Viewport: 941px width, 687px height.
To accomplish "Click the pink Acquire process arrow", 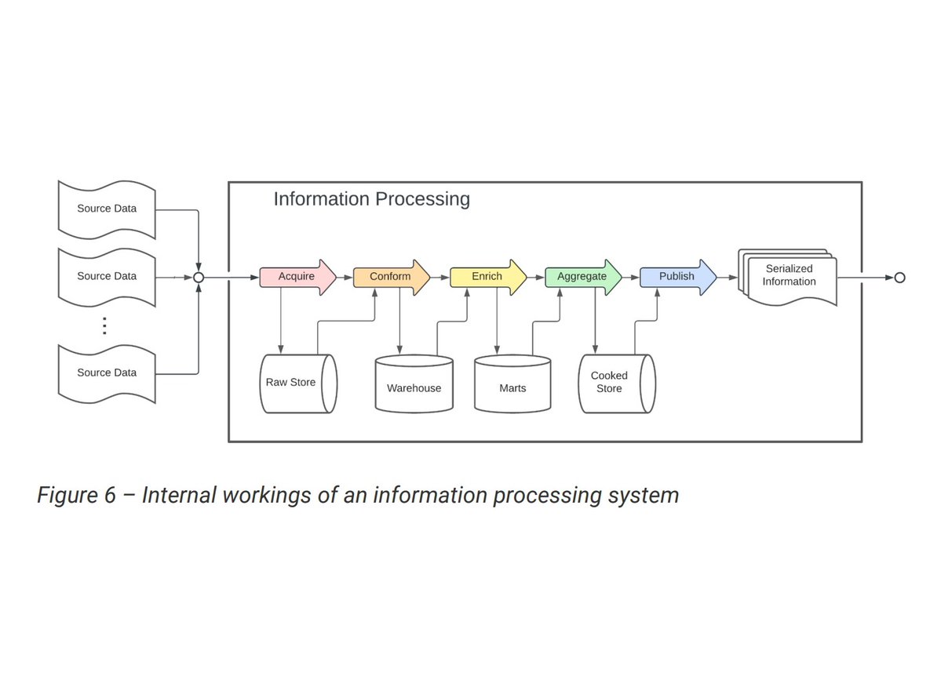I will [x=297, y=277].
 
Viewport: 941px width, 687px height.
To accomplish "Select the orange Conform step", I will [x=390, y=277].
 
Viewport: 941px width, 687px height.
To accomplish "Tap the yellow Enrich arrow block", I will [x=487, y=277].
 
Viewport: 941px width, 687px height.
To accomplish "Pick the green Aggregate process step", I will [x=582, y=277].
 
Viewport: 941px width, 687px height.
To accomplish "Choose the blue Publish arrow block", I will [x=677, y=277].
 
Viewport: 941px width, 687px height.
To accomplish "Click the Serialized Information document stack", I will [x=789, y=278].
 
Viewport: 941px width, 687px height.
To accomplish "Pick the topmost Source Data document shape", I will [x=107, y=209].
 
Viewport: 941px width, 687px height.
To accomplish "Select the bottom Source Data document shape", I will [x=107, y=373].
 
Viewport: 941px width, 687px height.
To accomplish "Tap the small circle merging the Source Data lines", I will [x=199, y=278].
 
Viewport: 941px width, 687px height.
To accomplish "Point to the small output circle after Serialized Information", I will [x=899, y=278].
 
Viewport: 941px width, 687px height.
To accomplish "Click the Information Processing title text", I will [x=371, y=199].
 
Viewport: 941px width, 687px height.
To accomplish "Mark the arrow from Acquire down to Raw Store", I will [x=280, y=322].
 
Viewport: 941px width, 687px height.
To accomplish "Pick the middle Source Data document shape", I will [x=107, y=277].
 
